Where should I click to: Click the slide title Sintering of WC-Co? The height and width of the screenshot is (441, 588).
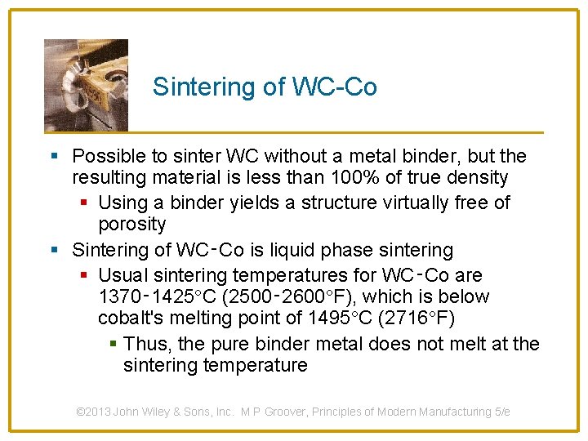tap(265, 87)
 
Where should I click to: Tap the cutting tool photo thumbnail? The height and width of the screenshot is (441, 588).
tap(86, 85)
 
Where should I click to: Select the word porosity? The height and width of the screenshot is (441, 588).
tap(131, 224)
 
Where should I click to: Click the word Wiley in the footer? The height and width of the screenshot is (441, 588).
tap(165, 412)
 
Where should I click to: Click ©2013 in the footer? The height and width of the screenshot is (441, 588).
tap(94, 412)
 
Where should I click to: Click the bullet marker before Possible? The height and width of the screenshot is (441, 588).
tap(54, 156)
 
